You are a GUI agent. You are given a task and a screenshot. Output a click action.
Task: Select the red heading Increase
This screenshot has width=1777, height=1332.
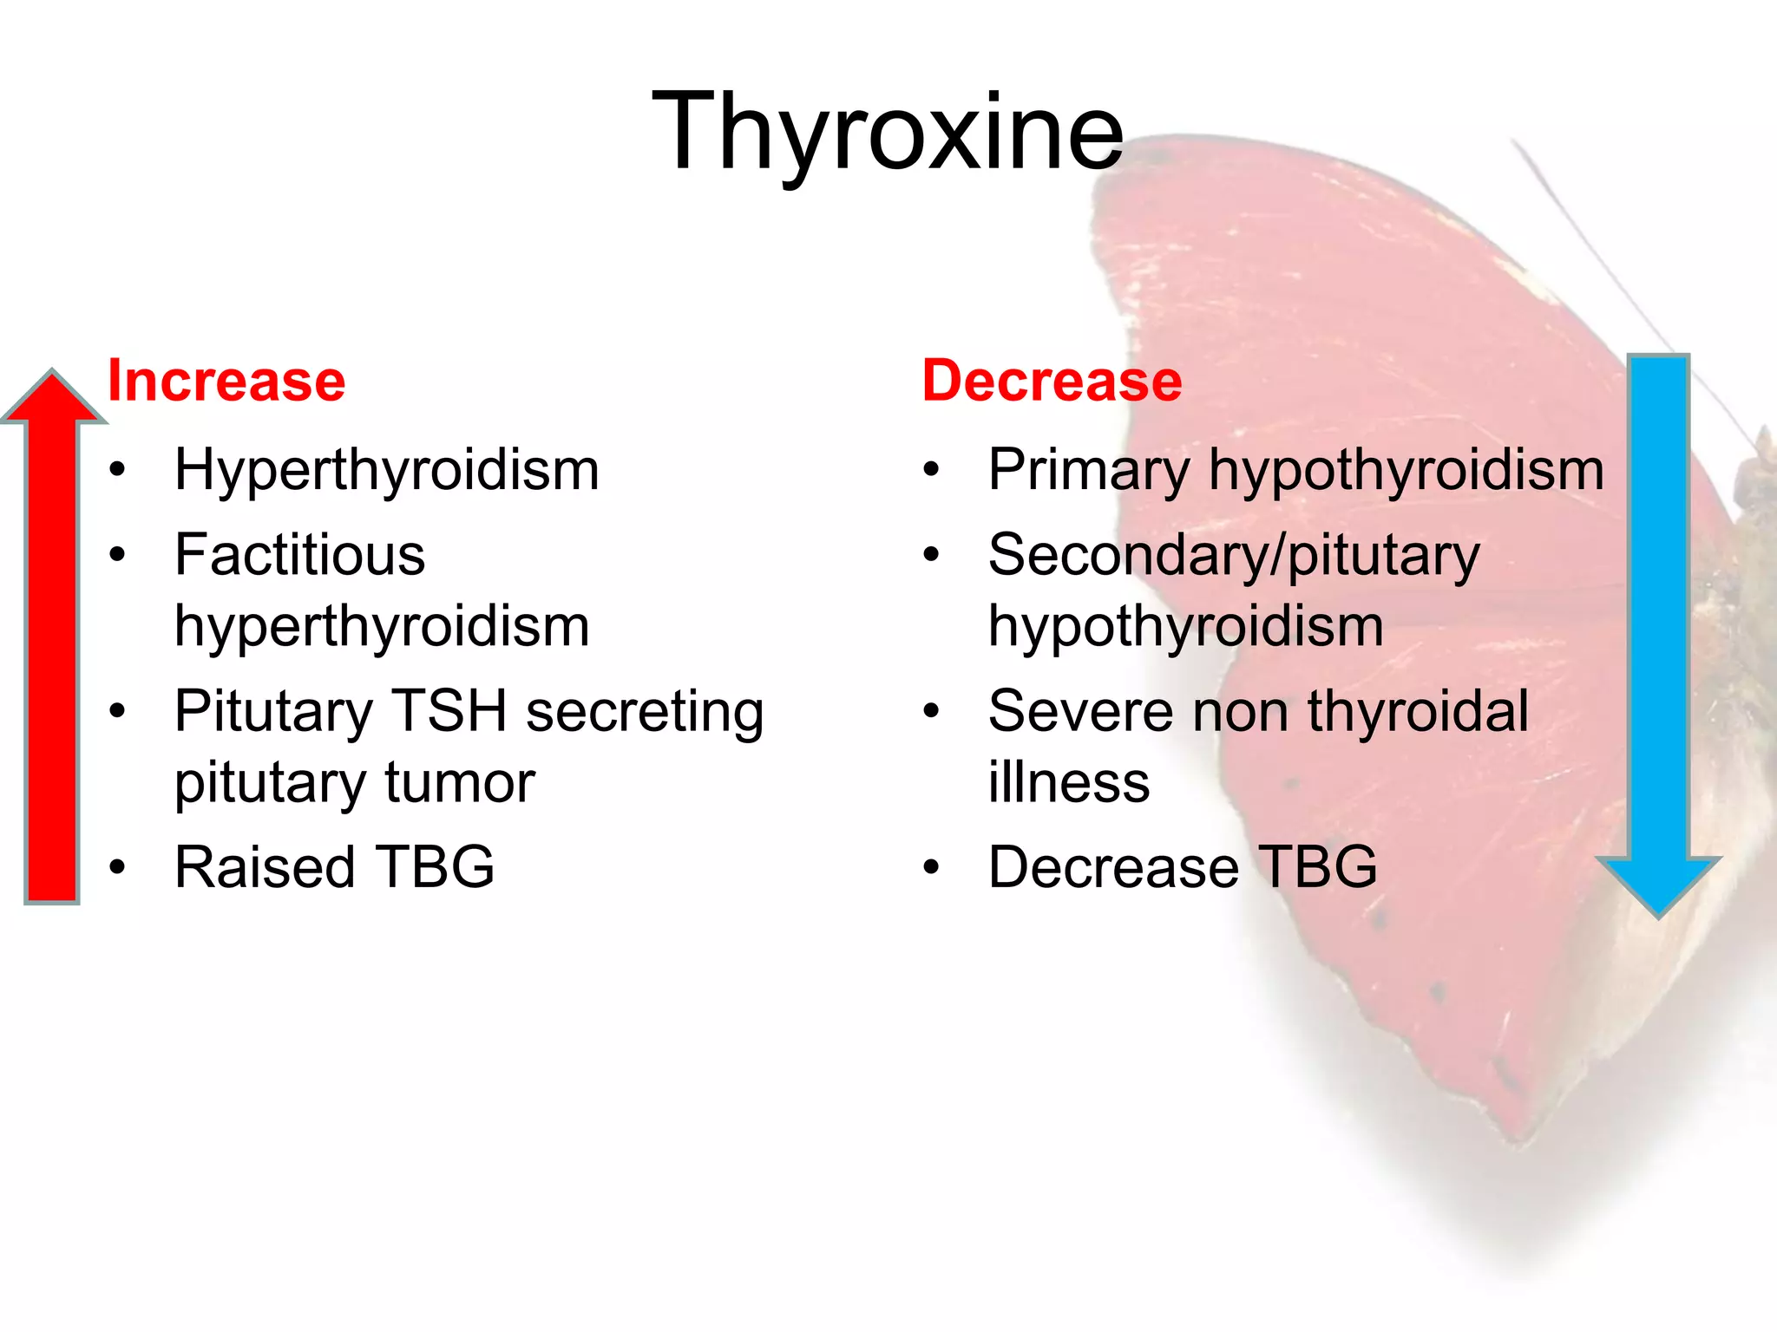[226, 381]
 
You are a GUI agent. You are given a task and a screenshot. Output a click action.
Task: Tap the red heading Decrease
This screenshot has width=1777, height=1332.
[1052, 381]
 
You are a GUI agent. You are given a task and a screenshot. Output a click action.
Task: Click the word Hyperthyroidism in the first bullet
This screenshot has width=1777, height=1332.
[386, 471]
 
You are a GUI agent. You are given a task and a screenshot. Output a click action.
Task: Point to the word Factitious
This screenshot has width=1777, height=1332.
[299, 555]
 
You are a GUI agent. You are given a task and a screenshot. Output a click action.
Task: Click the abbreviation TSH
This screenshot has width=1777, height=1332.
[449, 711]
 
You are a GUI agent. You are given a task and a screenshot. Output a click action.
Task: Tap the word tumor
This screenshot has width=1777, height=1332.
[460, 782]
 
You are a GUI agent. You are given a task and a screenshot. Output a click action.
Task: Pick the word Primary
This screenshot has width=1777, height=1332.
[1089, 471]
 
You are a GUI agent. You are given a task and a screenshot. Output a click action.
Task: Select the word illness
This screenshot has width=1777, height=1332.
[1069, 782]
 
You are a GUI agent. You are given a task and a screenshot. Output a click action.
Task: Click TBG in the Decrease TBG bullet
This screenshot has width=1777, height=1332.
[1317, 867]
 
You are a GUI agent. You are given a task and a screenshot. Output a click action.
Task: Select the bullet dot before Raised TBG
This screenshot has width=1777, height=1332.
[118, 867]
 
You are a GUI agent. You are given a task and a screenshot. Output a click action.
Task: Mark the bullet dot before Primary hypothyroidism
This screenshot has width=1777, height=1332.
[931, 471]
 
